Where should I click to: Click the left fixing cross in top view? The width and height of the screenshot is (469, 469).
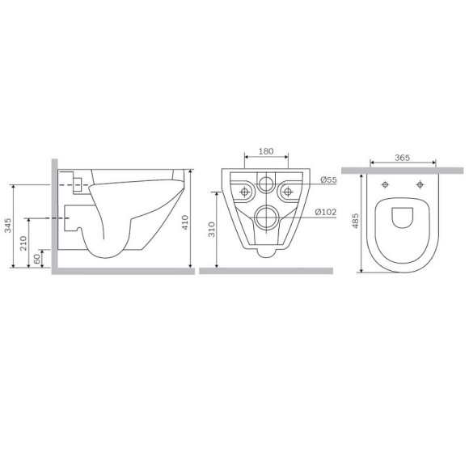pos(387,184)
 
